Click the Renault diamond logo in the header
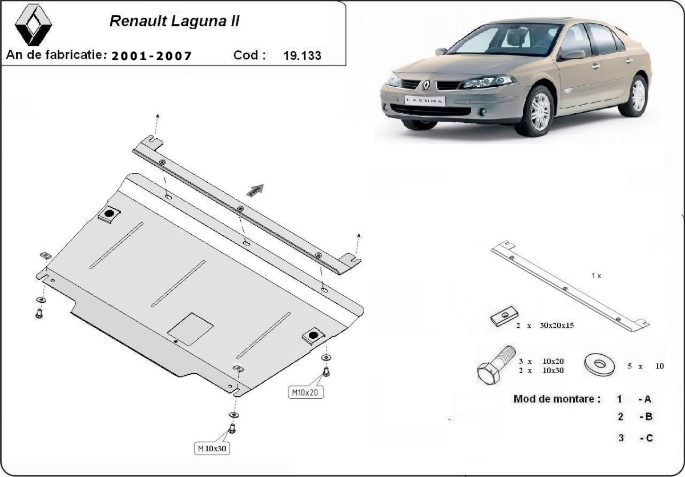[x=33, y=25]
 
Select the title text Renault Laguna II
[x=174, y=22]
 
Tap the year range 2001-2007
[x=152, y=55]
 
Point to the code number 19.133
[x=302, y=55]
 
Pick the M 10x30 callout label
[x=212, y=449]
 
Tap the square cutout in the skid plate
[x=191, y=327]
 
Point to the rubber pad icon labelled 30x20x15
[x=504, y=317]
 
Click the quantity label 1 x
[x=596, y=275]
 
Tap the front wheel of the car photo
[x=540, y=111]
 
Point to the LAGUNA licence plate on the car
[x=425, y=100]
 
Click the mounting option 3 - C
[x=635, y=438]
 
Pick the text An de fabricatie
[x=57, y=55]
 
